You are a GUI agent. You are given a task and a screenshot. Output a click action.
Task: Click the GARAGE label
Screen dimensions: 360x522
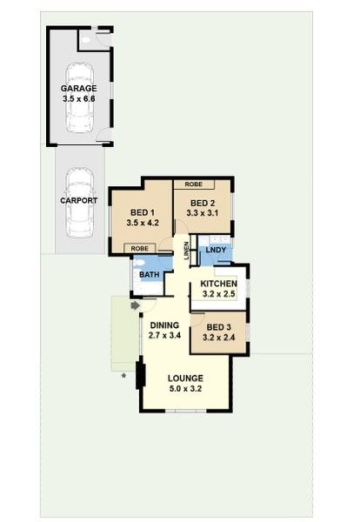click(79, 89)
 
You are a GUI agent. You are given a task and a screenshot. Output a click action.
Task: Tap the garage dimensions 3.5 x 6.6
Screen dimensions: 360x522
click(79, 99)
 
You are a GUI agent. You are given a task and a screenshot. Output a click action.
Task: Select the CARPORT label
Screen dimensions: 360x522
click(79, 200)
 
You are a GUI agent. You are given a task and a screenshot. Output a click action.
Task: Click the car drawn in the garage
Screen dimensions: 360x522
click(79, 97)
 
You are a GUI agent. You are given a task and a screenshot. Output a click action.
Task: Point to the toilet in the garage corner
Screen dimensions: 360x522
click(86, 40)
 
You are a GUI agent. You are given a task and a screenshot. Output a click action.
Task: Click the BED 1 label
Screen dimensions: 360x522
click(143, 212)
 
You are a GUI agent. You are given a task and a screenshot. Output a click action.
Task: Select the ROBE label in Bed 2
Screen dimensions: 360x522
click(194, 184)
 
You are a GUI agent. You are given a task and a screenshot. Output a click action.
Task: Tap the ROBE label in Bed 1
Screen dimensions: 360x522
click(140, 248)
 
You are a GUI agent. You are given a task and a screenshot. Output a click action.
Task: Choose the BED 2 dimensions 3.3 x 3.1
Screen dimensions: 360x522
click(203, 213)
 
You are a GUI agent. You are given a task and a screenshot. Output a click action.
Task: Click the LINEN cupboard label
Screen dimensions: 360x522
click(186, 251)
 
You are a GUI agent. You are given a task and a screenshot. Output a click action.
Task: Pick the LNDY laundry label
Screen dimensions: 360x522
click(216, 250)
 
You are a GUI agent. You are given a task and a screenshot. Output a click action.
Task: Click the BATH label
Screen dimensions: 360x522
click(150, 275)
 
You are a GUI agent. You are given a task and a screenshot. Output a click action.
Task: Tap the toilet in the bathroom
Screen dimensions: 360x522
click(139, 263)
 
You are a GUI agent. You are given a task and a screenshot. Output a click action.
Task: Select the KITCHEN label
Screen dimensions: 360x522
click(218, 284)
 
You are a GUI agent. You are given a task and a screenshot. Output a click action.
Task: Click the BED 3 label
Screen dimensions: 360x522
click(218, 327)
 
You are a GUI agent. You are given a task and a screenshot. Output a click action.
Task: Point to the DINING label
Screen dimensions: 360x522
click(164, 325)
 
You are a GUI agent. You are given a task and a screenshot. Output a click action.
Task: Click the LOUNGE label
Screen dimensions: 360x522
click(185, 378)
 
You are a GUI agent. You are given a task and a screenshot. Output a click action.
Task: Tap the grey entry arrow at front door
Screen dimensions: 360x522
click(135, 305)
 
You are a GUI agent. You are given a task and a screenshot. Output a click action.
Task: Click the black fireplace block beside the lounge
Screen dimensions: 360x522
click(141, 376)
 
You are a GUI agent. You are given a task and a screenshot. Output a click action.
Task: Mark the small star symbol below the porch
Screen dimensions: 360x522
click(123, 376)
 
